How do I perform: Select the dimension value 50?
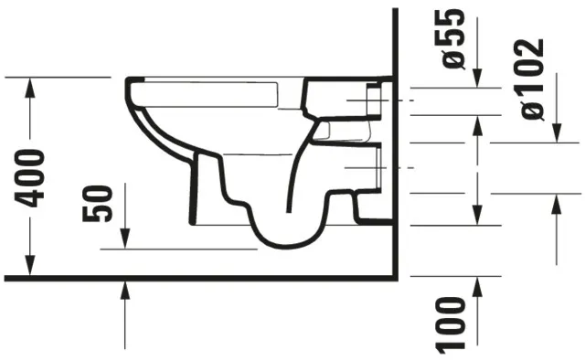[100, 203]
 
